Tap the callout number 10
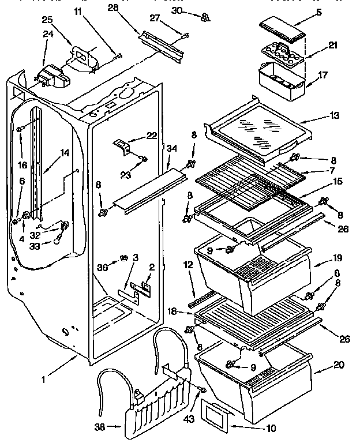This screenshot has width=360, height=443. tap(254, 428)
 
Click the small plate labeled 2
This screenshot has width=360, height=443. tap(145, 286)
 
